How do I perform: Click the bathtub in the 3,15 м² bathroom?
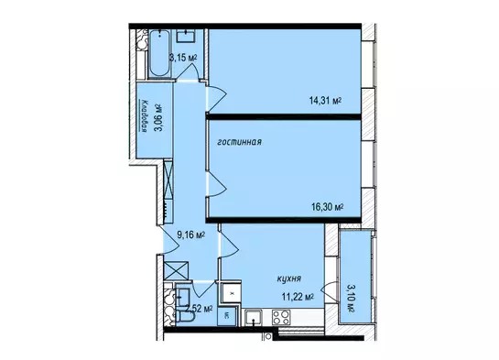click(159, 53)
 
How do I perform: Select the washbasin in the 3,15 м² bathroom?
click(186, 37)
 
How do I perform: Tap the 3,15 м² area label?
click(183, 58)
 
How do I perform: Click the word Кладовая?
click(145, 116)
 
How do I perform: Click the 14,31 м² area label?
click(325, 101)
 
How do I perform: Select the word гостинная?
click(239, 142)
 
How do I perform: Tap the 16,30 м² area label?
click(327, 207)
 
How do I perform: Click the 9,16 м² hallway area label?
click(190, 235)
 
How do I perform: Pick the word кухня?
click(289, 278)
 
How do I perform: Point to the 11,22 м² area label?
click(298, 297)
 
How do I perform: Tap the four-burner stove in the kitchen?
click(281, 317)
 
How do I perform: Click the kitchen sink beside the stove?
click(254, 318)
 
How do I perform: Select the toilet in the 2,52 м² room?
click(185, 317)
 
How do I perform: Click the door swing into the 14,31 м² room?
click(217, 99)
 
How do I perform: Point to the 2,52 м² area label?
click(199, 309)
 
